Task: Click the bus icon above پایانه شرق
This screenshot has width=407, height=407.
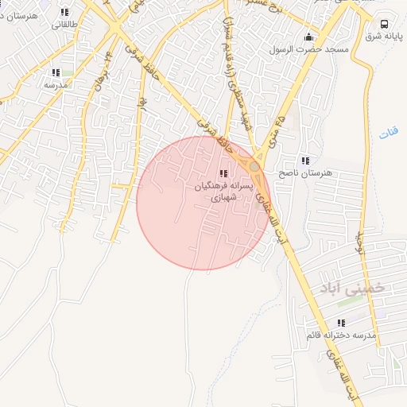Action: (x=385, y=24)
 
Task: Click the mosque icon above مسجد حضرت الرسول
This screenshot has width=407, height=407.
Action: (x=309, y=37)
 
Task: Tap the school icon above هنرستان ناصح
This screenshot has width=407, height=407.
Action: (x=305, y=161)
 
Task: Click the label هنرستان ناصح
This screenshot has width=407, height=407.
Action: (x=305, y=172)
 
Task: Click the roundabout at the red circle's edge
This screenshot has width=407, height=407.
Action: (x=254, y=167)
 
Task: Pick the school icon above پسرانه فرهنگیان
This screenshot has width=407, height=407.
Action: (x=223, y=173)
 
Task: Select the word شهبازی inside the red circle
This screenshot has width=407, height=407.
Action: (x=223, y=199)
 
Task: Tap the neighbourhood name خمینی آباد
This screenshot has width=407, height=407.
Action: (x=351, y=287)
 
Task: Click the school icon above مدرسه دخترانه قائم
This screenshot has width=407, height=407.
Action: (x=341, y=323)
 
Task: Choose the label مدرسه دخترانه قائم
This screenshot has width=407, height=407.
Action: (x=341, y=335)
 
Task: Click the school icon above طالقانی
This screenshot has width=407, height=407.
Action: (x=64, y=12)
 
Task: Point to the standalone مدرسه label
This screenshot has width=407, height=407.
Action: (x=55, y=83)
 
